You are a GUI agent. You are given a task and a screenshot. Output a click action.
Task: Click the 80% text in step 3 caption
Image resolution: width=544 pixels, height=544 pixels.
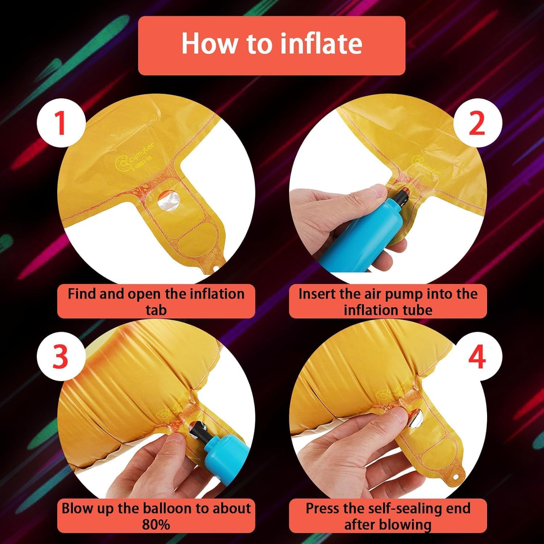pos(156,524)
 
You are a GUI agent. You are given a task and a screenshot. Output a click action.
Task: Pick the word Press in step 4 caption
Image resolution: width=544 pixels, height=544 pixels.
pos(323,508)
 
